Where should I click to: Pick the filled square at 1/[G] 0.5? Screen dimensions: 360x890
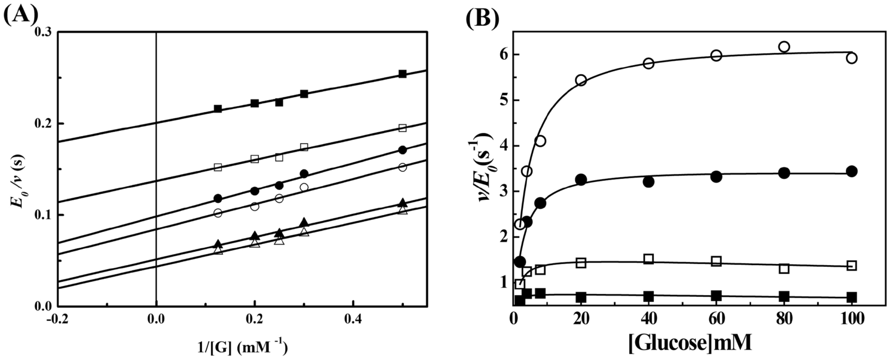402,74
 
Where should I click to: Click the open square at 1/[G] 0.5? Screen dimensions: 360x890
402,128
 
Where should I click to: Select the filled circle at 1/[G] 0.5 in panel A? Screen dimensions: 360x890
402,150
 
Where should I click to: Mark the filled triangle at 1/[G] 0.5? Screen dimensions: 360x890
402,203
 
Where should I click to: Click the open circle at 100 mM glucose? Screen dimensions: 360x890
851,58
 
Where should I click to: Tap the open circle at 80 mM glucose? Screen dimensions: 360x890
784,47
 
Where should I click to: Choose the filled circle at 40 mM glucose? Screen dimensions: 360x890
649,181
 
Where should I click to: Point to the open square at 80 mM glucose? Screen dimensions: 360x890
784,268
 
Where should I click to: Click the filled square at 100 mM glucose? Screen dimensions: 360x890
851,297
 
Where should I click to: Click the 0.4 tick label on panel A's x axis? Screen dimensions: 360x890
353,318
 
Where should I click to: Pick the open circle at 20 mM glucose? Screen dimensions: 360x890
581,80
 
